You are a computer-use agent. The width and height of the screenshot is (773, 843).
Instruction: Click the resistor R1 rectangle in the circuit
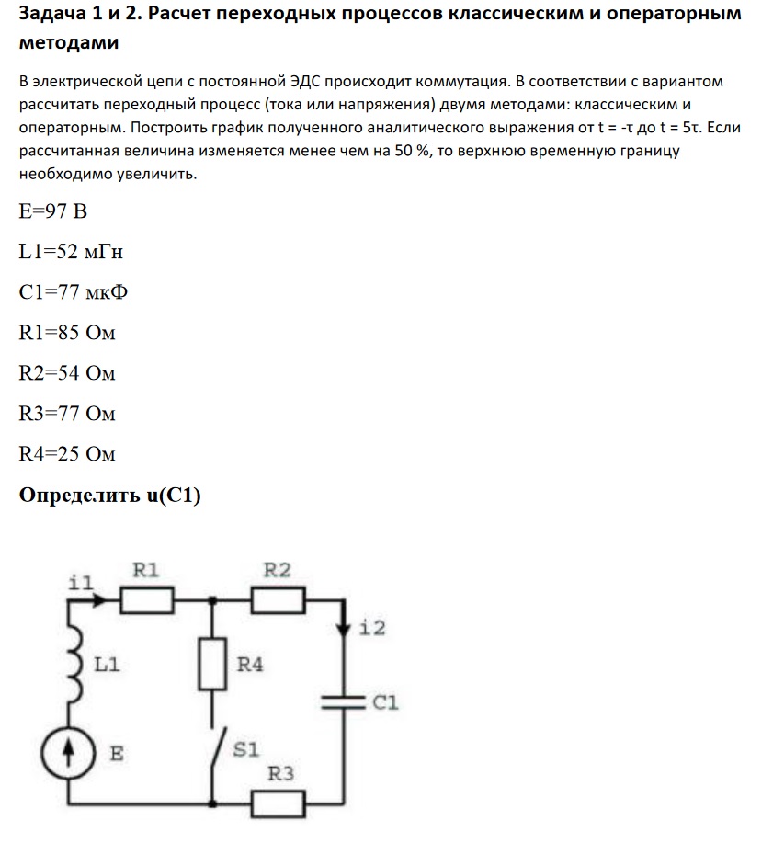[146, 600]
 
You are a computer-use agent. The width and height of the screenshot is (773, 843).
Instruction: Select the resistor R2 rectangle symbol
[278, 600]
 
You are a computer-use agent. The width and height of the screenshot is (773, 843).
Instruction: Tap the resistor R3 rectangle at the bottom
[278, 804]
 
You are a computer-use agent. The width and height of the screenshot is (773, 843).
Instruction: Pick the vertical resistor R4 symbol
[213, 664]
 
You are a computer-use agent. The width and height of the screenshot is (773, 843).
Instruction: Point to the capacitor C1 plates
[344, 702]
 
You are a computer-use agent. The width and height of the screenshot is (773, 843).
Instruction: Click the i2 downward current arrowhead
[344, 630]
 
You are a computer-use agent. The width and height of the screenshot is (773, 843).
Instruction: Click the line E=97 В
[53, 212]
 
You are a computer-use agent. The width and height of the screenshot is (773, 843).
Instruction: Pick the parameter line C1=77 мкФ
[73, 292]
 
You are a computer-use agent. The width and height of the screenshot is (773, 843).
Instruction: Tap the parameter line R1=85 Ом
[67, 333]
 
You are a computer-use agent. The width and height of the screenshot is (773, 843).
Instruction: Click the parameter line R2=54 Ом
[67, 373]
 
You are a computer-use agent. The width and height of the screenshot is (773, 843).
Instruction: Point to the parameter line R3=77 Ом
[67, 414]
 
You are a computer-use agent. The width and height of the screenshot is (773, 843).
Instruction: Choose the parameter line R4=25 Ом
[67, 454]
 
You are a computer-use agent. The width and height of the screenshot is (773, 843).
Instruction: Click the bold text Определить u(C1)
[110, 496]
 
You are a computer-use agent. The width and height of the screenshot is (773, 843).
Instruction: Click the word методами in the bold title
[68, 43]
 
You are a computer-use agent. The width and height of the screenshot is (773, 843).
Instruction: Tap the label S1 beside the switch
[245, 750]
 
